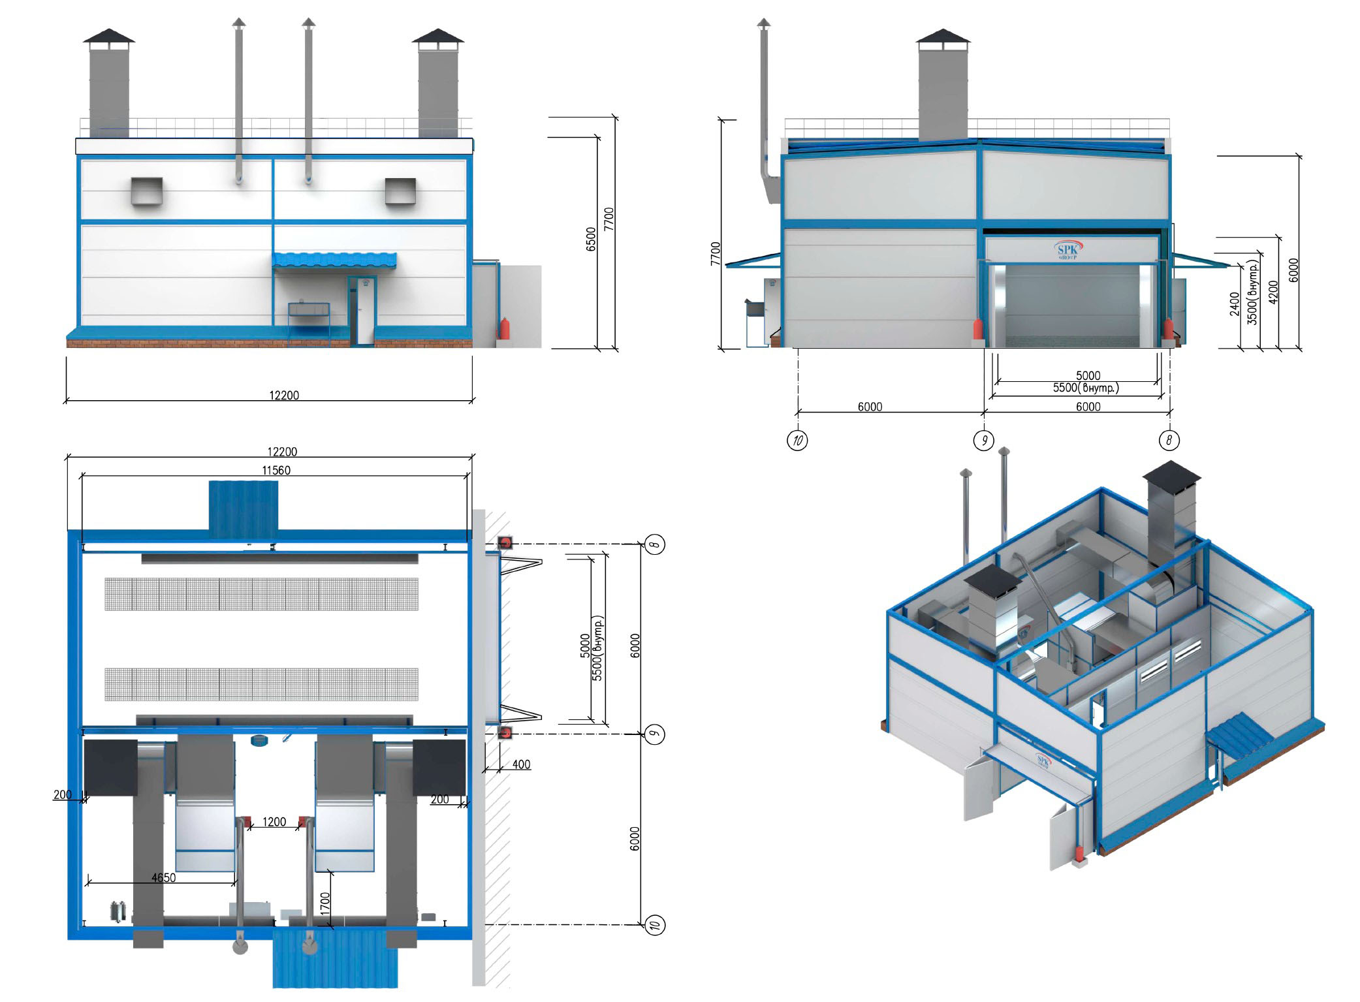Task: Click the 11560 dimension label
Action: pyautogui.click(x=276, y=470)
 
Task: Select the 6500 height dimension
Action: pyautogui.click(x=591, y=239)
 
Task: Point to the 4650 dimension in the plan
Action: pyautogui.click(x=163, y=877)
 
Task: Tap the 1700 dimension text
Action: pyautogui.click(x=325, y=904)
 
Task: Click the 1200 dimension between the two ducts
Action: pyautogui.click(x=274, y=822)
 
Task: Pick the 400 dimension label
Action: pyautogui.click(x=521, y=764)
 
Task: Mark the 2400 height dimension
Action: pyautogui.click(x=1234, y=304)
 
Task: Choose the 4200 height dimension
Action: pyautogui.click(x=1273, y=292)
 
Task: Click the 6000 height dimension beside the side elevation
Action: pyautogui.click(x=1293, y=270)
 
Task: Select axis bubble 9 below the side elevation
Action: pyautogui.click(x=983, y=440)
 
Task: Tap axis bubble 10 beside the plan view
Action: pyautogui.click(x=655, y=924)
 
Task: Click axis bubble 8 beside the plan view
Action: pyautogui.click(x=656, y=544)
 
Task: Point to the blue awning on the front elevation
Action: pyautogui.click(x=334, y=260)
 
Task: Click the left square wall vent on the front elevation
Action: pyautogui.click(x=146, y=191)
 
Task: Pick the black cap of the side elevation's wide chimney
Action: pyautogui.click(x=942, y=38)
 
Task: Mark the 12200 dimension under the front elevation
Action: pyautogui.click(x=284, y=395)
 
